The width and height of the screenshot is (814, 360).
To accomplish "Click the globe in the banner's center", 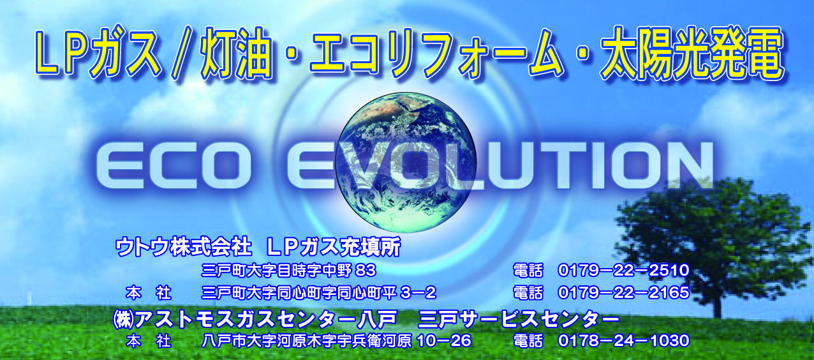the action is pos(406,162).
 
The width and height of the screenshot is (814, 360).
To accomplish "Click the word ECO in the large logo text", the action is pos(174,165).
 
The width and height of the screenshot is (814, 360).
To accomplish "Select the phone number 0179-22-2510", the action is pos(624,270).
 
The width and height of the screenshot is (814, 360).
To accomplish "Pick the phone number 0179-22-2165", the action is pos(624,292).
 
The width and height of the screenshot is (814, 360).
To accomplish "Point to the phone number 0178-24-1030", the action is pos(624,341).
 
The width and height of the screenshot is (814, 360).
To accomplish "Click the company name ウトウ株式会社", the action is pos(184,247).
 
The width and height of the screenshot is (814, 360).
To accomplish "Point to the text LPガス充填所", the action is pos(334,247).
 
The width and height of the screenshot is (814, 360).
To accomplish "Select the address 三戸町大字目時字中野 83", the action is pos(288,270).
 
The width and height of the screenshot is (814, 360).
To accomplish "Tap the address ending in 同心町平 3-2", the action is pos(319,292).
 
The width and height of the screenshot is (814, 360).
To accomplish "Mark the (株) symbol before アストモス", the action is pos(124,320).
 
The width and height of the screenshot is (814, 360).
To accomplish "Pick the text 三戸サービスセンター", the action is pos(519,320).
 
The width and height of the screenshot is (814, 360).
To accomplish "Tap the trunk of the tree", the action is pos(717,302).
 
